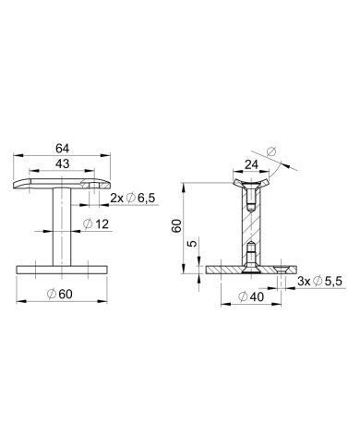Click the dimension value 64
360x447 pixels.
pos(62,149)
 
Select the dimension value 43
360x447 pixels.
pos(62,163)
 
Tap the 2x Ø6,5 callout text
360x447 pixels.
pos(132,198)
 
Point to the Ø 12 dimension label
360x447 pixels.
pos(96,224)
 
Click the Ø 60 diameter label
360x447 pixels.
pos(60,294)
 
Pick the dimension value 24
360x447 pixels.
pos(251,164)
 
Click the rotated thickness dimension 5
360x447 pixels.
pos(192,244)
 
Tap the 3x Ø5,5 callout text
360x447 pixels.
pos(319,281)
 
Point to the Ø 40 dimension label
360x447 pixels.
pos(251,296)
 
